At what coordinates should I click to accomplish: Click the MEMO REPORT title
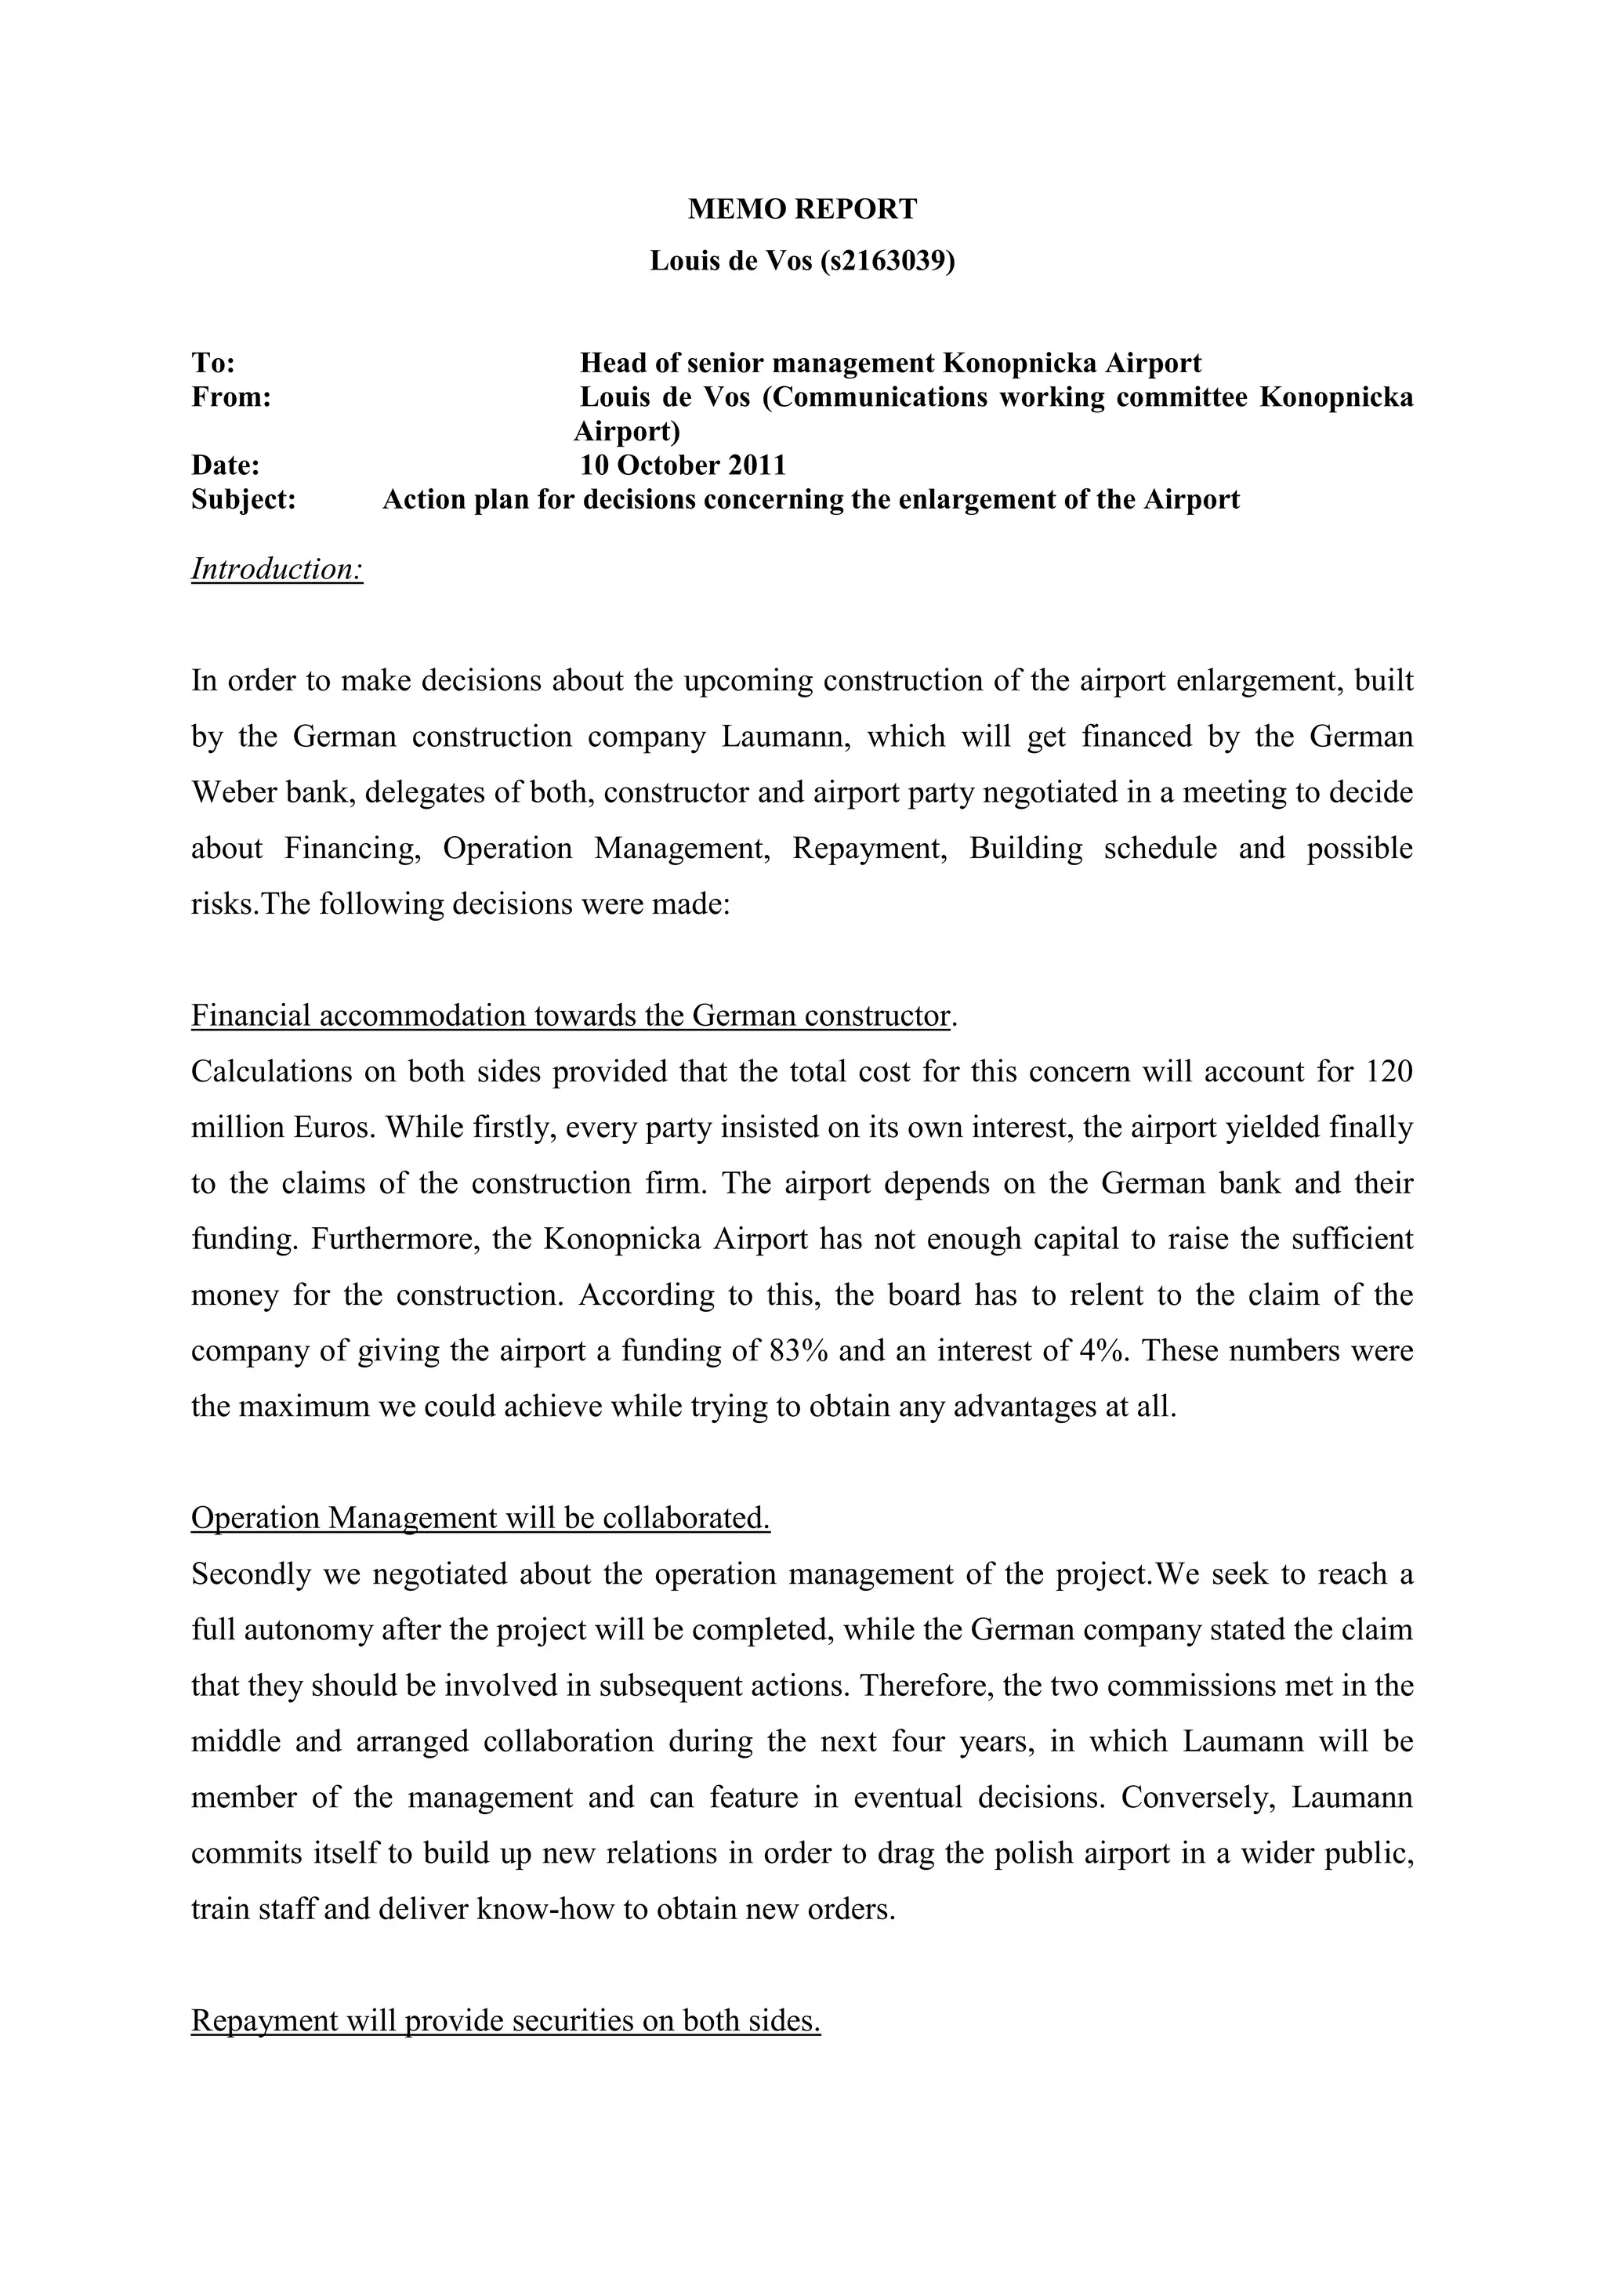(802, 208)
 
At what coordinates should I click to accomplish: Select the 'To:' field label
(212, 363)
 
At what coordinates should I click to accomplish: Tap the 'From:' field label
(230, 397)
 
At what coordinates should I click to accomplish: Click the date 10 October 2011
(683, 465)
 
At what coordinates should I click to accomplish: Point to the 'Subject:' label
(243, 499)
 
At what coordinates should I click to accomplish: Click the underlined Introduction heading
(277, 569)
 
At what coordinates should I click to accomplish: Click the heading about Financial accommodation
(571, 1016)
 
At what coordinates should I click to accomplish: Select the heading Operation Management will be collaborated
(480, 1518)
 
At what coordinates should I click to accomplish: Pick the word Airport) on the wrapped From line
(627, 431)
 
